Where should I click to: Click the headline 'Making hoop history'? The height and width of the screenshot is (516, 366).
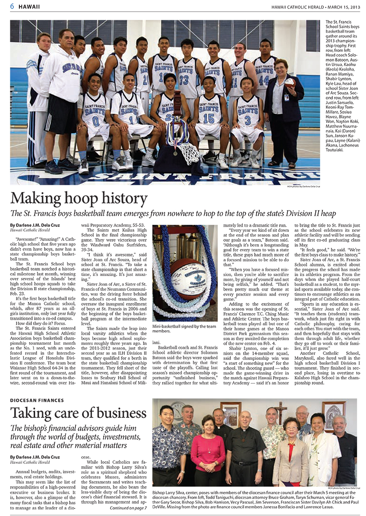[x=79, y=198]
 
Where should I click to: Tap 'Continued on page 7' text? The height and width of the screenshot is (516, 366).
[x=128, y=508]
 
